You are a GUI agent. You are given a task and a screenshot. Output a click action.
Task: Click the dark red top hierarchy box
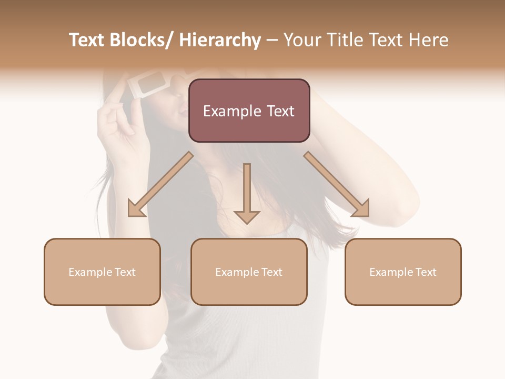(249, 111)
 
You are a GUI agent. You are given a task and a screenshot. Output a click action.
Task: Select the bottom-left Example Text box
(102, 272)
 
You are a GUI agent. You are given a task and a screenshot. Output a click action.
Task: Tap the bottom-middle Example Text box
(249, 272)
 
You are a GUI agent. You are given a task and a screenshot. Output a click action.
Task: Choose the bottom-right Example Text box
(403, 272)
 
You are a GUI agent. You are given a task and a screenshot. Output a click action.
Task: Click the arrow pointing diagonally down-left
(160, 184)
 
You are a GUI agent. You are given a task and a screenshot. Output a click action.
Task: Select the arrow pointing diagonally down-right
(337, 184)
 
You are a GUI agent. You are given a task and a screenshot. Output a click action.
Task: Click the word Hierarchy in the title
(220, 40)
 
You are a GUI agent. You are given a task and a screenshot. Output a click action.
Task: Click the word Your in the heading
(302, 40)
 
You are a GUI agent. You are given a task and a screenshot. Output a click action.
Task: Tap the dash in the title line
(272, 41)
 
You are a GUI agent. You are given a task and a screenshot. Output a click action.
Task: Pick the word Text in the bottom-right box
(425, 272)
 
